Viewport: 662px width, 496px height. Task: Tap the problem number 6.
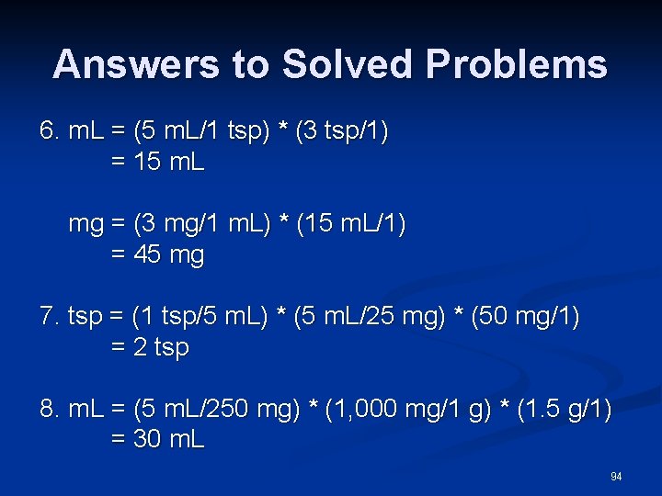[49, 132]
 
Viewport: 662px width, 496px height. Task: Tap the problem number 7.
[49, 317]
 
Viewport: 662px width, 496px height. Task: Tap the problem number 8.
[49, 409]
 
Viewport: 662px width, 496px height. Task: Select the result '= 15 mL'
[157, 163]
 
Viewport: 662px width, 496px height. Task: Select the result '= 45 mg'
[157, 255]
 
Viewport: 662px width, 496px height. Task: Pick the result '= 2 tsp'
[150, 348]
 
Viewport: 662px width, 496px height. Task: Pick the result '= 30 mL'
[157, 440]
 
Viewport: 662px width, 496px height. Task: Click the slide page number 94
[616, 476]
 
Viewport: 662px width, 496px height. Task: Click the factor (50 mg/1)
[524, 317]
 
